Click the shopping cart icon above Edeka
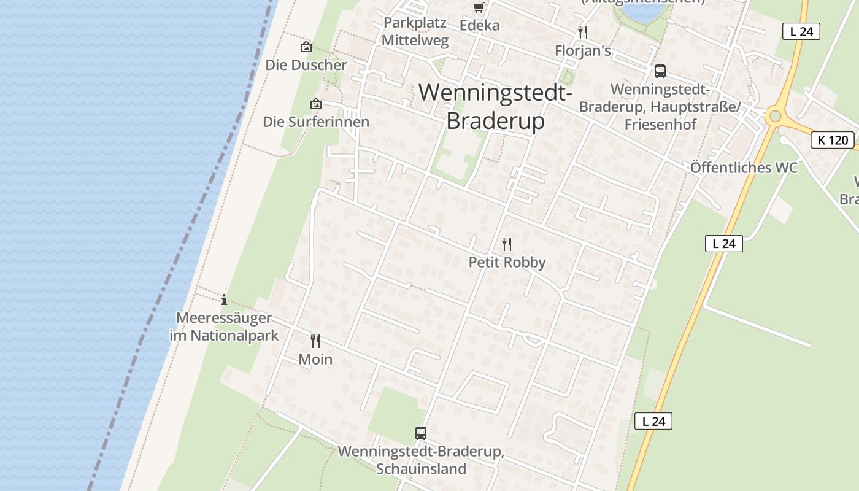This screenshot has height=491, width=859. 479,7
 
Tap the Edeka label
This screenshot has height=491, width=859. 479,26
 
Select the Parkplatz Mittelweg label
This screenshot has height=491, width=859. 415,32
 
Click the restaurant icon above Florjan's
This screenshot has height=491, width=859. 583,33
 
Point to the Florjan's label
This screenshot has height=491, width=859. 583,51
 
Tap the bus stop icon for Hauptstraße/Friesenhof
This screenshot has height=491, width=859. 660,71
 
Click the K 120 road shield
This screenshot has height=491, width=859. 833,140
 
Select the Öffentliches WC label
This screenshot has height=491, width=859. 744,168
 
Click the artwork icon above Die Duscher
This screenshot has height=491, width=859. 306,47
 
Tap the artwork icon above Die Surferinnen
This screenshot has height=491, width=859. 316,104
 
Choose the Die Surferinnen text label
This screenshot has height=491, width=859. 316,122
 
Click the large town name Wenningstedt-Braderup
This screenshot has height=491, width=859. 495,106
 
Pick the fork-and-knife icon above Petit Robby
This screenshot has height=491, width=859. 507,244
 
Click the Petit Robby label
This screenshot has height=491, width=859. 507,263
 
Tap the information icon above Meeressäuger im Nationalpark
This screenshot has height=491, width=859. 224,300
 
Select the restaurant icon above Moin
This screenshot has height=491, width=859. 315,341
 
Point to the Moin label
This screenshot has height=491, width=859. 315,360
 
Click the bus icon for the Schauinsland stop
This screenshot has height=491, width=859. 421,433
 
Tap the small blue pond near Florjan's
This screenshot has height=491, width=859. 642,12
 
